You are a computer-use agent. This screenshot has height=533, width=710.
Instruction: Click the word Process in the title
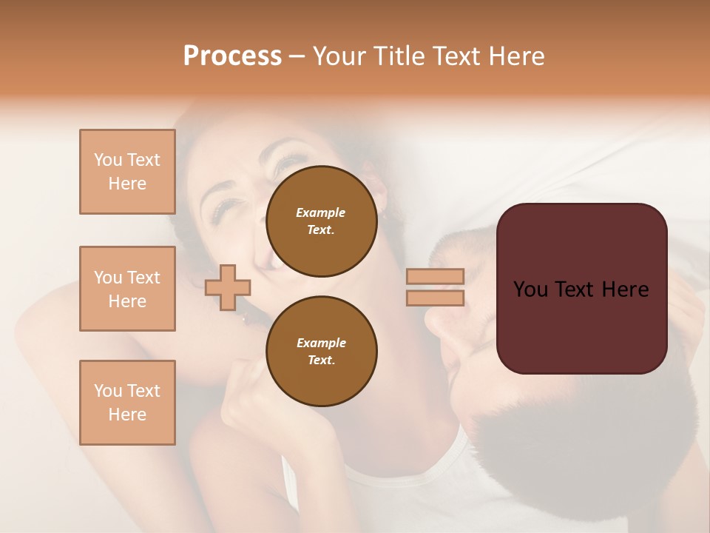[x=232, y=56]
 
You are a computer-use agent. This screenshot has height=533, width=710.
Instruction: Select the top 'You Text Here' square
[x=127, y=172]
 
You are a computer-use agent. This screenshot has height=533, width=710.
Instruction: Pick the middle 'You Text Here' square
[x=127, y=289]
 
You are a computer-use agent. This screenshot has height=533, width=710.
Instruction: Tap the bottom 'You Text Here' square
[x=127, y=402]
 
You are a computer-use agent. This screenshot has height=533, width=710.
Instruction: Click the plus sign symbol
[x=228, y=287]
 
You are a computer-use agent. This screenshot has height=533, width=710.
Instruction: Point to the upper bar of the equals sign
[x=435, y=276]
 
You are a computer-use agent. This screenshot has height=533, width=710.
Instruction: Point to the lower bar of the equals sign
[x=435, y=298]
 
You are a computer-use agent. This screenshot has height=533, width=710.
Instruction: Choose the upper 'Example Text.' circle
[x=321, y=221]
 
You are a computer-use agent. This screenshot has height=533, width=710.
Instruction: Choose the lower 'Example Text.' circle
[x=321, y=351]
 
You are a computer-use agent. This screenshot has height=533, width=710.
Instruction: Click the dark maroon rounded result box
[x=581, y=288]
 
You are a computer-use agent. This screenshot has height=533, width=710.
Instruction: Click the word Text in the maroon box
[x=581, y=289]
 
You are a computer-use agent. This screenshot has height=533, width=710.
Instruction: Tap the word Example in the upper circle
[x=321, y=212]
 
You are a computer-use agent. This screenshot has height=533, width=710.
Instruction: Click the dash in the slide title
[x=297, y=56]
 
